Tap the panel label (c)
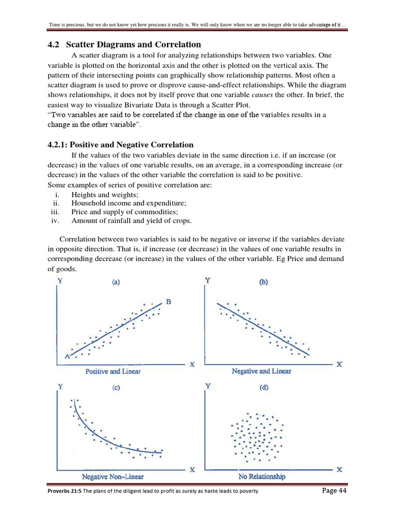point(117,388)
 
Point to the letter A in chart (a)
point(67,356)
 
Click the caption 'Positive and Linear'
point(113,371)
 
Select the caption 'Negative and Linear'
point(261,371)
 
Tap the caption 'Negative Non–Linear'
point(113,477)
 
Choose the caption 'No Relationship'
point(262,477)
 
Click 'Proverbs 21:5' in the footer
point(64,492)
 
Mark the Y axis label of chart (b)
point(208,280)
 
